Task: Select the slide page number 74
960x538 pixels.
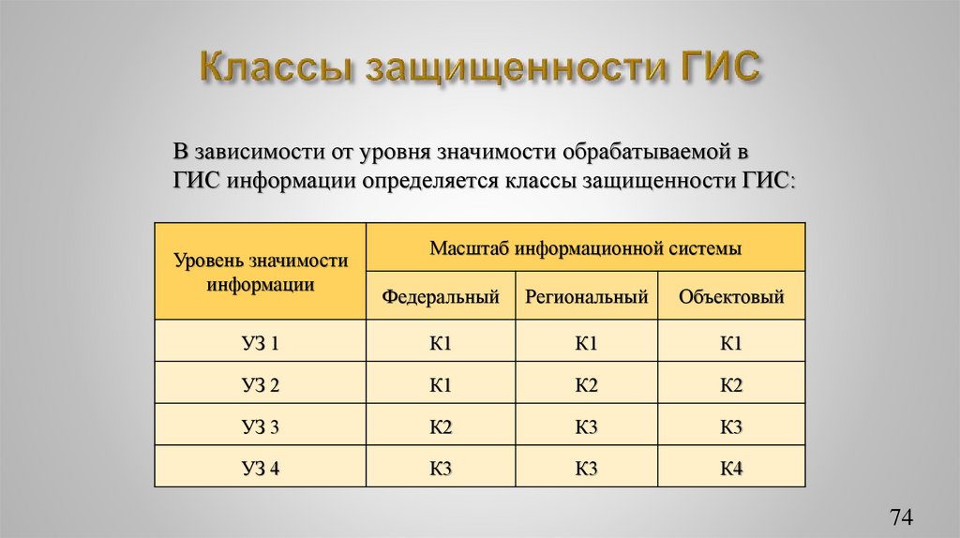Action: point(901,517)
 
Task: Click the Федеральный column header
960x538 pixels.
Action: point(440,298)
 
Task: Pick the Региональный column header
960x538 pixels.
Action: point(587,298)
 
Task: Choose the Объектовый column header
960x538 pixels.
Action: point(731,298)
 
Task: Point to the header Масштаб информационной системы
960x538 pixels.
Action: point(586,249)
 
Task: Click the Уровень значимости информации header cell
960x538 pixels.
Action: point(261,272)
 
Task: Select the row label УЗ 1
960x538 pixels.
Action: point(261,344)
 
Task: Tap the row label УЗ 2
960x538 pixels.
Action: point(261,385)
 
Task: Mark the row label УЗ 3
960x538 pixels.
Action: point(261,427)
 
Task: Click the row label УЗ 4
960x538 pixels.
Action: point(261,469)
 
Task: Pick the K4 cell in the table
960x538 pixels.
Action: point(731,469)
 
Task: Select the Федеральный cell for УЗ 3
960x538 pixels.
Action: point(441,427)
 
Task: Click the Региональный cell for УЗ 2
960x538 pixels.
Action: point(587,385)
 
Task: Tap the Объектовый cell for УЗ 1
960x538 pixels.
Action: point(731,344)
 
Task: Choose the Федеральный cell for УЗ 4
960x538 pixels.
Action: point(441,469)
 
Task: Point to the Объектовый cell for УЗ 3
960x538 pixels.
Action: point(731,427)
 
